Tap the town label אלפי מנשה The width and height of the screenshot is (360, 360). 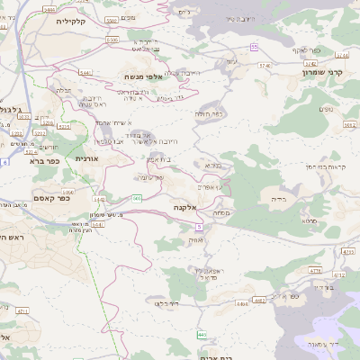(x=139, y=77)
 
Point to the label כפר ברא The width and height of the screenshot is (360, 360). (x=44, y=161)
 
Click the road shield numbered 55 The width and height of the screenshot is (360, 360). (x=254, y=46)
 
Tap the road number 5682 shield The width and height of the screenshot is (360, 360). (x=349, y=126)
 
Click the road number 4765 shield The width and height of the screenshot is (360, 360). (x=314, y=270)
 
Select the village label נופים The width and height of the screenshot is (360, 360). (x=324, y=109)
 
